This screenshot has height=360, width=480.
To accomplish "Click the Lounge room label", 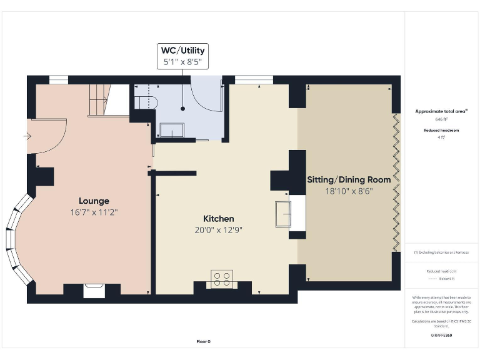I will tap(94, 201).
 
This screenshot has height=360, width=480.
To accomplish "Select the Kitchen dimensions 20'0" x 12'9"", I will tap(218, 229).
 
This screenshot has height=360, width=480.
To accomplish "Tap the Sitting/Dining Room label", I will tap(349, 179).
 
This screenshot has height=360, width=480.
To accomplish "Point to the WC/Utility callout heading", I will tap(182, 50).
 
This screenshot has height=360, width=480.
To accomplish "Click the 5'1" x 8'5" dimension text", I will tap(182, 62).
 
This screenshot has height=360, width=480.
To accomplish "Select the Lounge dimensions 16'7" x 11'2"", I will tap(94, 212).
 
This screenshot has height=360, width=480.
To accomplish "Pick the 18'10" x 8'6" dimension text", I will tap(349, 191).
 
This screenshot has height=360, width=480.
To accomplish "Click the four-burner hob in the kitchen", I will tap(221, 279).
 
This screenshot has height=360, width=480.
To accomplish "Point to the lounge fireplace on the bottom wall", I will tap(94, 290).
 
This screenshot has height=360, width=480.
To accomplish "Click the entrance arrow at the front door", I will tap(27, 135).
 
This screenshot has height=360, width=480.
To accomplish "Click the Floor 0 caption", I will tap(204, 341).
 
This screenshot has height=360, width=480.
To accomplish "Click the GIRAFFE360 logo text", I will tap(441, 336).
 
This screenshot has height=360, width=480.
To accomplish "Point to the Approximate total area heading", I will tap(441, 111).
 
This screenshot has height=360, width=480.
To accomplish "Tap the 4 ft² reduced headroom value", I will tap(441, 136).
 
